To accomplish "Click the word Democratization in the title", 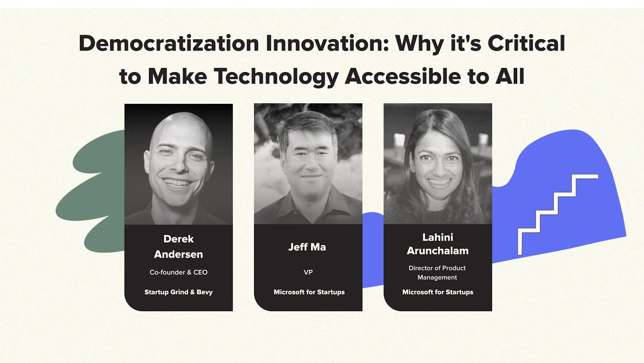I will pos(169,44).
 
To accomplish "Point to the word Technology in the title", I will pos(275,77).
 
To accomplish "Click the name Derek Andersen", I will pos(179,247).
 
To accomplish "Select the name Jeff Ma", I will pos(308,247).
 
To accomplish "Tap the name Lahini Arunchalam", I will pos(438,244).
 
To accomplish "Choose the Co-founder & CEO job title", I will pos(179,272).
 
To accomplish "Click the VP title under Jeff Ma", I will pos(308,272).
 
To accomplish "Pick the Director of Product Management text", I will pos(438,273).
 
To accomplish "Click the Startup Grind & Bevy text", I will pos(179,292).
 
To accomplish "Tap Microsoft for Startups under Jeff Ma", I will pos(308,292).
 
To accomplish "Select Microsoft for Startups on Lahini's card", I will pos(438,292).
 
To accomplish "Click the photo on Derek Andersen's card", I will pos(179,164).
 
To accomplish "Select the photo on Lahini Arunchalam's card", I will pos(438,164).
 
